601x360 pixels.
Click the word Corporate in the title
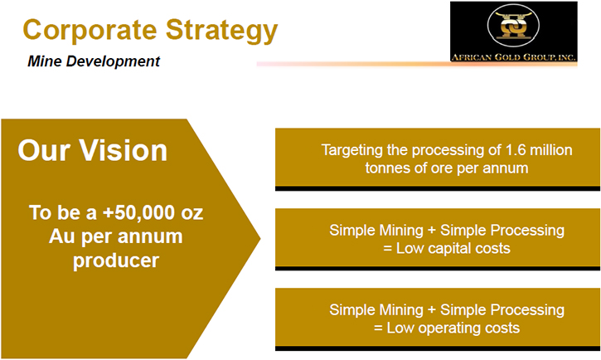pyautogui.click(x=90, y=30)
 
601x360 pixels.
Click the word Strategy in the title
pyautogui.click(x=222, y=32)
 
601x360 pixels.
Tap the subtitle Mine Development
pyautogui.click(x=94, y=61)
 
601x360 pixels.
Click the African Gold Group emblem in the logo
pyautogui.click(x=513, y=25)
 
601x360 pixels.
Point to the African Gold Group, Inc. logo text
pyautogui.click(x=514, y=57)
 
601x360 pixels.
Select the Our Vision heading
pyautogui.click(x=92, y=150)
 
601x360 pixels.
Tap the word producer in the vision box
pyautogui.click(x=116, y=260)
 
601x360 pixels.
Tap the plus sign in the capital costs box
pyautogui.click(x=432, y=231)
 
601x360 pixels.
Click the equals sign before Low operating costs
pyautogui.click(x=378, y=328)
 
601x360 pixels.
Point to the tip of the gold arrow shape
pyautogui.click(x=260, y=239)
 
